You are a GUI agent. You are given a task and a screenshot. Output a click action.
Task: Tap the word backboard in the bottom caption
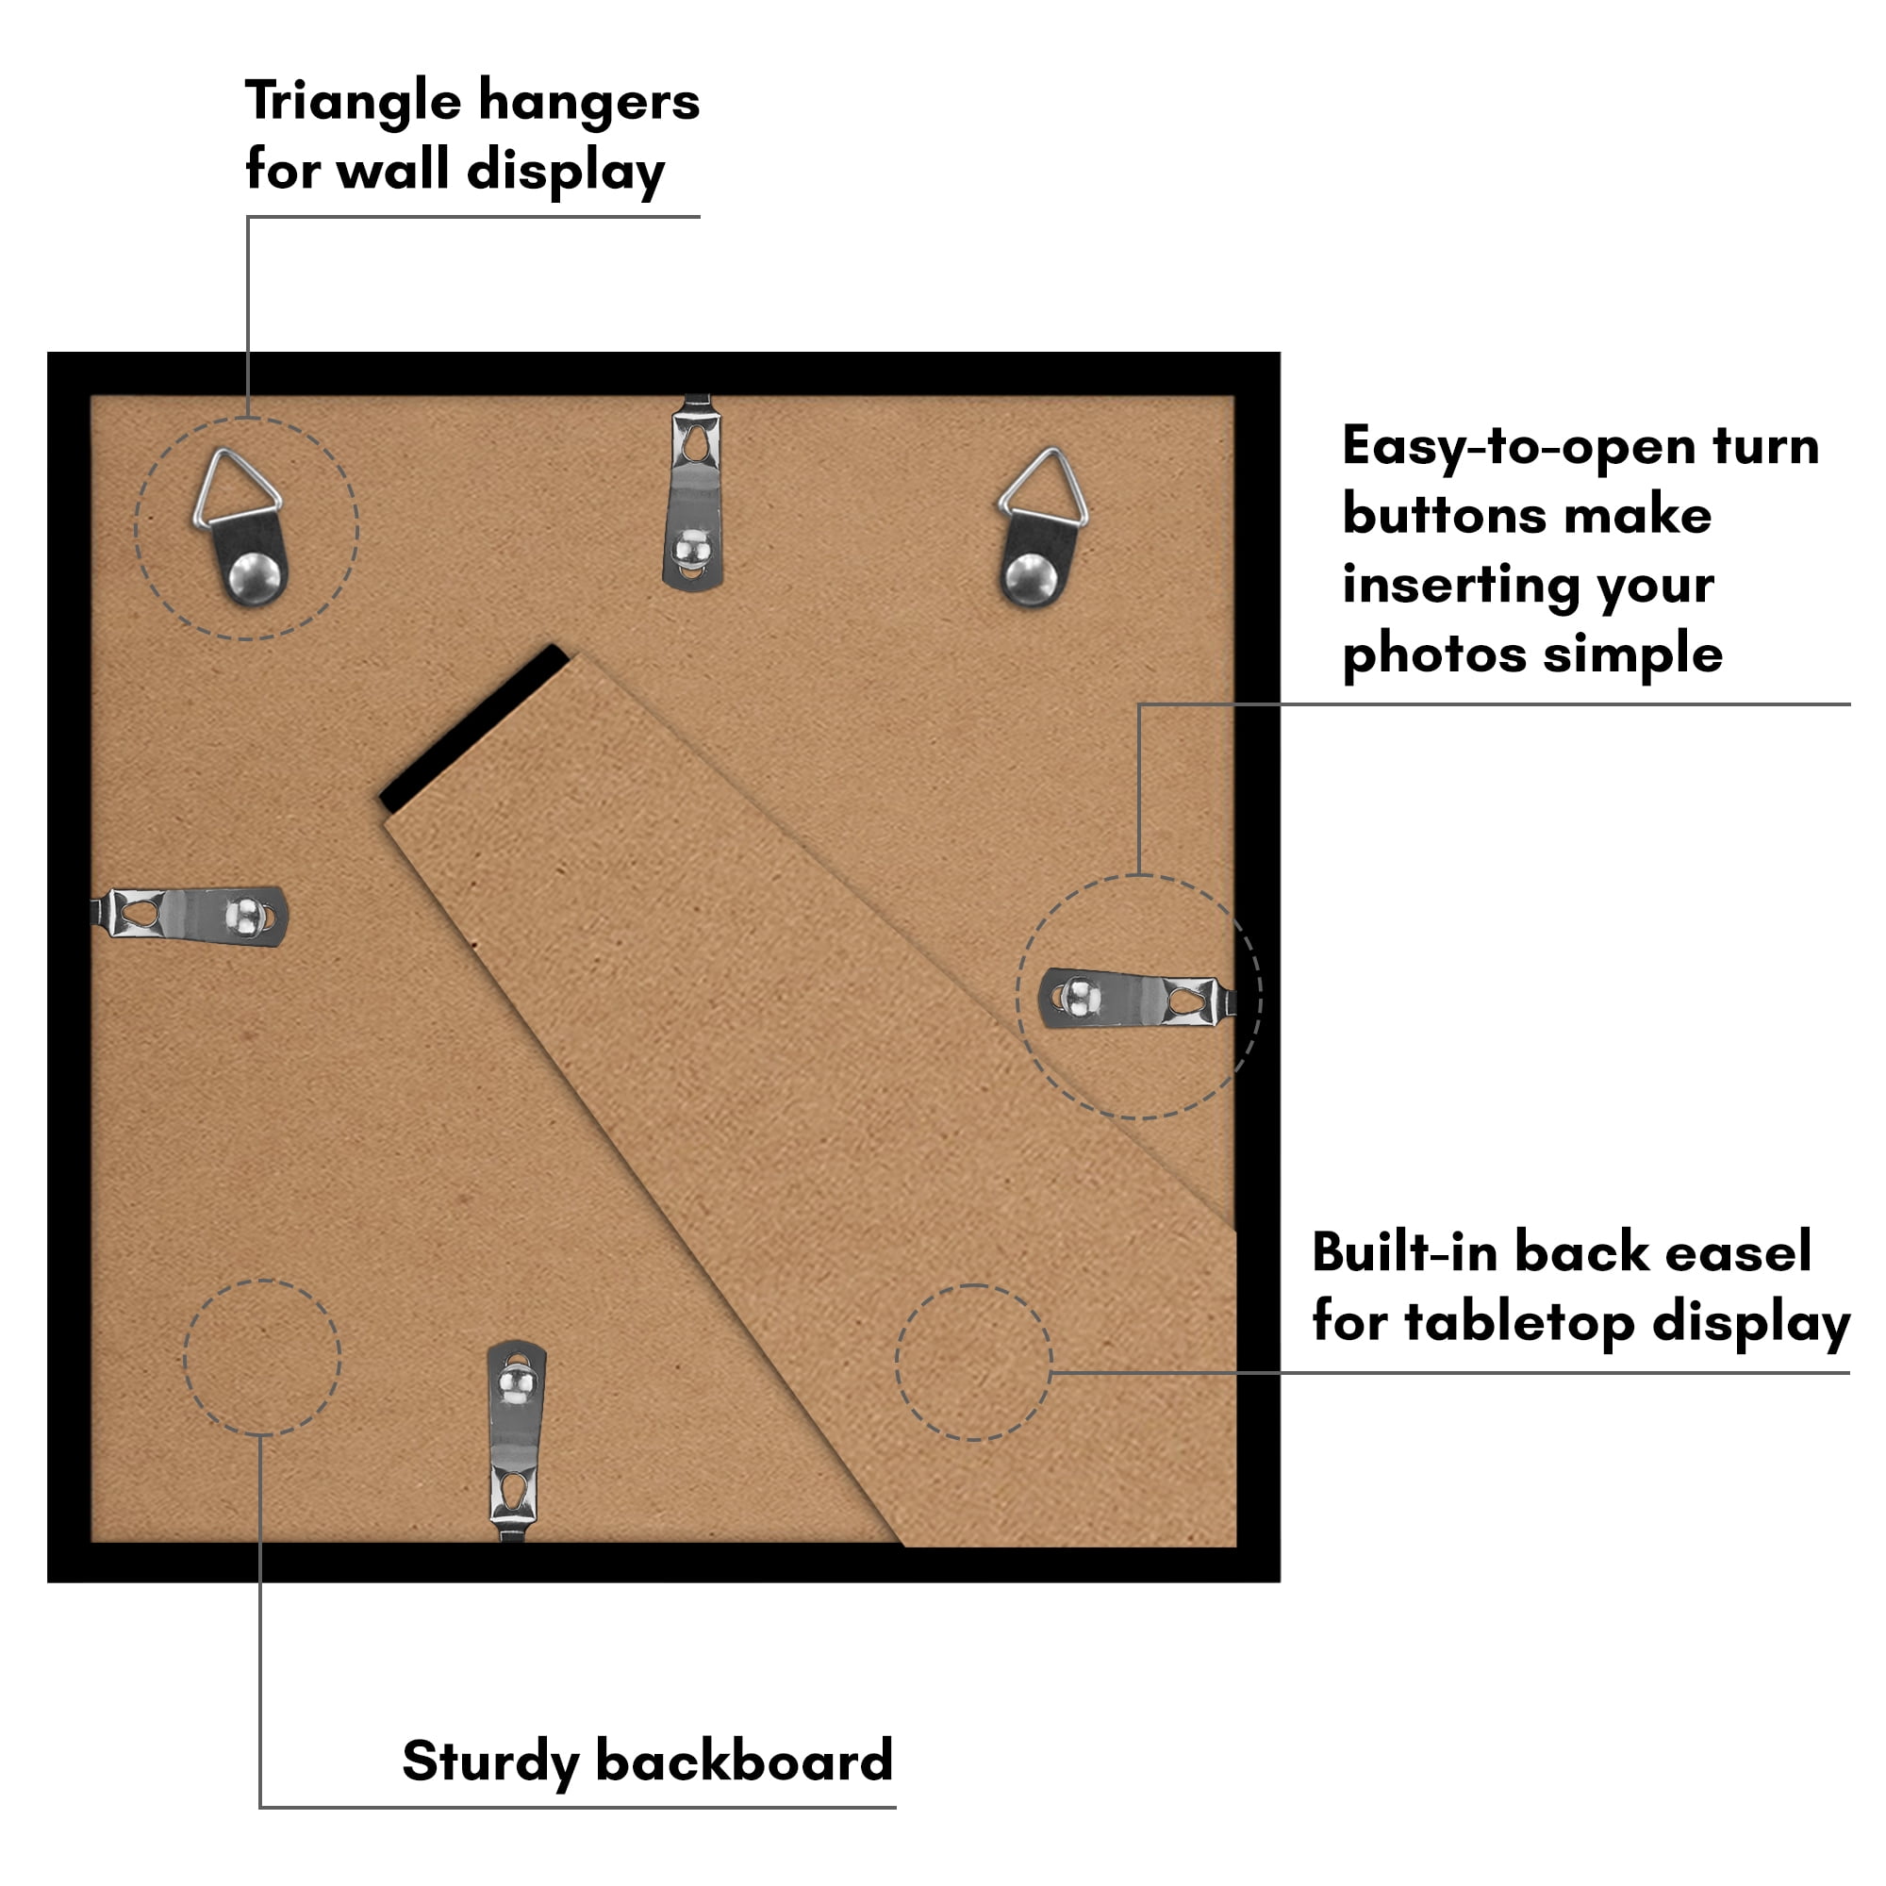[x=744, y=1760]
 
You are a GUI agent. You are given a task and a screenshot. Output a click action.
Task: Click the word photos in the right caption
[x=1434, y=654]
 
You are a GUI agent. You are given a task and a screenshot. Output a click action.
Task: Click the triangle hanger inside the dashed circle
[x=242, y=527]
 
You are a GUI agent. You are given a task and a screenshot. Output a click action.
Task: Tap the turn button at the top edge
[x=694, y=493]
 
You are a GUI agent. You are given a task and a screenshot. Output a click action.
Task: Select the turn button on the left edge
[x=190, y=916]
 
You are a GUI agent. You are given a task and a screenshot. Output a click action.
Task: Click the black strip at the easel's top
[x=474, y=727]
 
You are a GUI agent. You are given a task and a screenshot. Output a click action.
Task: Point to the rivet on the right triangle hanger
[x=1030, y=579]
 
